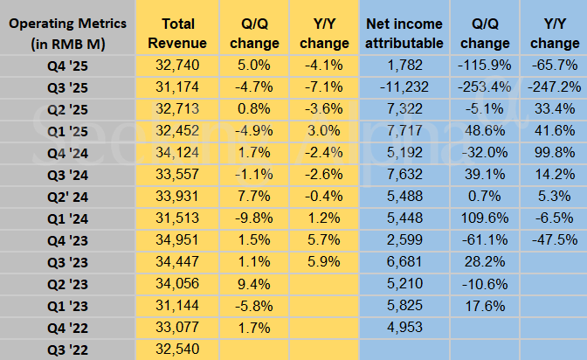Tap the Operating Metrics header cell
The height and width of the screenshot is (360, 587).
click(68, 32)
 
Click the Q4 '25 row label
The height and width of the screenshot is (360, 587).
click(68, 64)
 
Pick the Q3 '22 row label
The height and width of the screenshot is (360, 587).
click(68, 349)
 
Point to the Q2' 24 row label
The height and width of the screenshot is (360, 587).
click(68, 195)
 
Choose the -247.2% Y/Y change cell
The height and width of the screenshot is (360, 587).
click(554, 86)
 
